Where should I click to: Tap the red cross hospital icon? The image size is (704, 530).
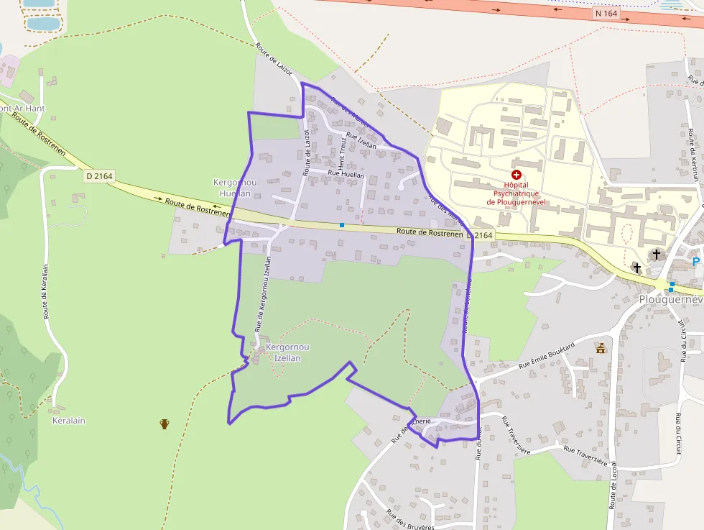(516, 174)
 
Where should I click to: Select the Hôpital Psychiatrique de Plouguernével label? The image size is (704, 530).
(517, 193)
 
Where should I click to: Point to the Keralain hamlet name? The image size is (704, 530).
(69, 420)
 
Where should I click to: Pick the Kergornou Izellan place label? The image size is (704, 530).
(288, 352)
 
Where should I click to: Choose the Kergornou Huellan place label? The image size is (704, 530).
(232, 188)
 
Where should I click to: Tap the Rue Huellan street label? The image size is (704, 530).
(346, 174)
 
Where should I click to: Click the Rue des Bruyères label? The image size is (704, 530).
(410, 520)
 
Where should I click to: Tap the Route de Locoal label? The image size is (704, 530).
(613, 485)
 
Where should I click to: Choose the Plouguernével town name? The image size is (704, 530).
(671, 298)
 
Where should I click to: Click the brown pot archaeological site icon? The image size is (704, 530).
(165, 424)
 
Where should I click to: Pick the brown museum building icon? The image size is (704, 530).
(601, 348)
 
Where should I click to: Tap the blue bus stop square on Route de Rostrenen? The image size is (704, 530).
(342, 225)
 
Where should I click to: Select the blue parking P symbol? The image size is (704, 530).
(695, 262)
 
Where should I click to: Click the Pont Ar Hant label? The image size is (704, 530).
(22, 109)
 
